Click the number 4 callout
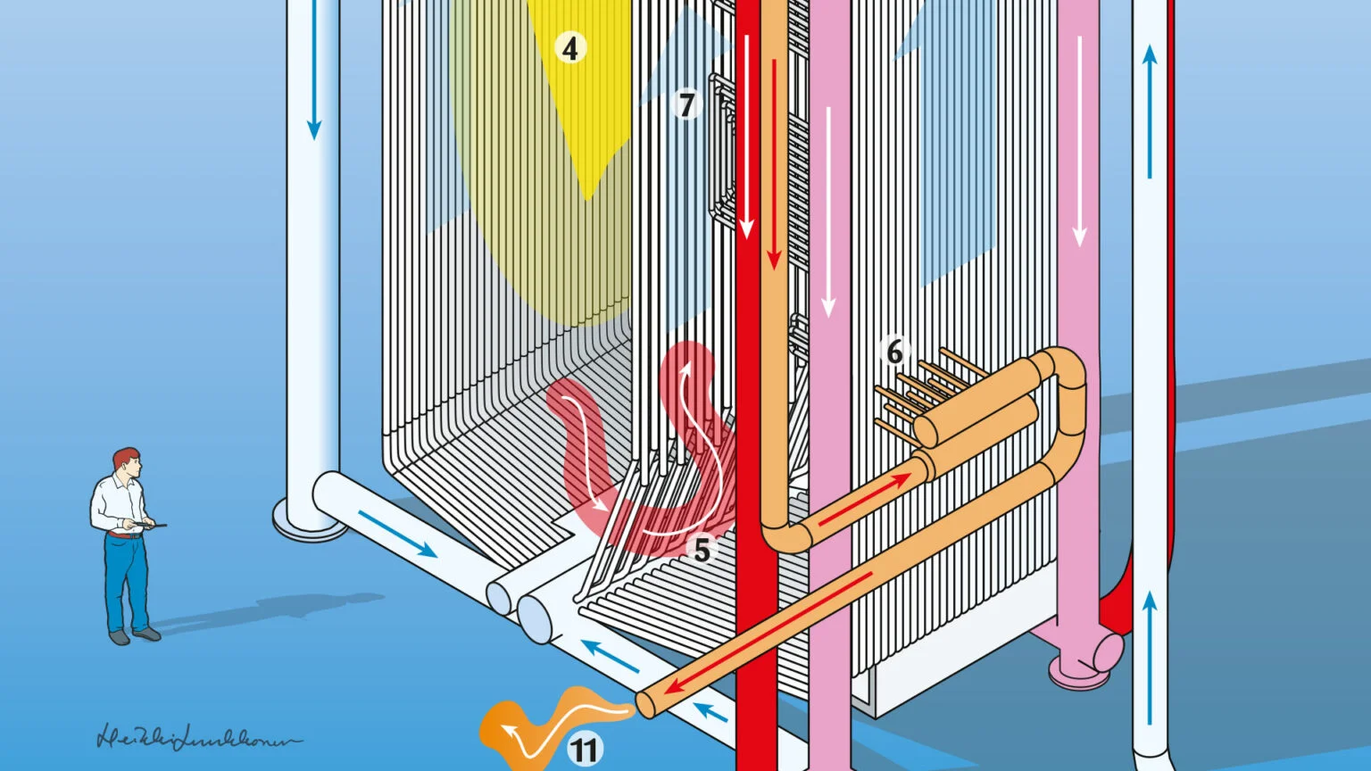coord(570,47)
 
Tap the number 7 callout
coord(685,105)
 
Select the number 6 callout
coord(894,352)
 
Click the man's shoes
coord(134,635)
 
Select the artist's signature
coord(196,739)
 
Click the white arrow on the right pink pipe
coord(1080,143)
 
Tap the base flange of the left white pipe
coord(309,527)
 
